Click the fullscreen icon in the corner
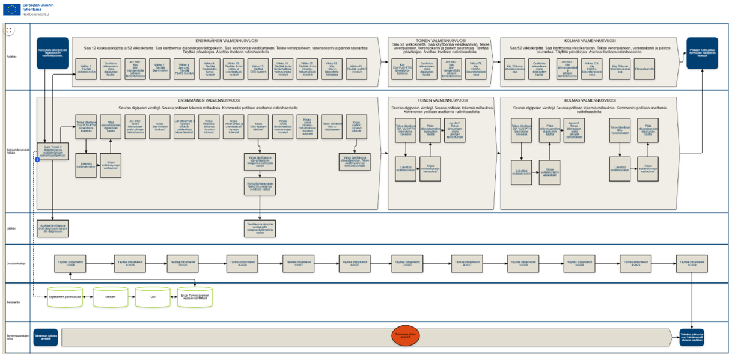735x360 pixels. (x=8, y=29)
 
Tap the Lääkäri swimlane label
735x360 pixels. (x=11, y=228)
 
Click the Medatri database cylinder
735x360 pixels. (x=111, y=296)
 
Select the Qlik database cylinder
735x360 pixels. (x=153, y=296)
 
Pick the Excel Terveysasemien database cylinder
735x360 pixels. (x=195, y=296)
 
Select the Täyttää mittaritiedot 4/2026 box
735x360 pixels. (x=130, y=263)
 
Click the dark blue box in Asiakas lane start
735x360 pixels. (x=53, y=53)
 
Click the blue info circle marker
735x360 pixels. (x=37, y=159)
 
